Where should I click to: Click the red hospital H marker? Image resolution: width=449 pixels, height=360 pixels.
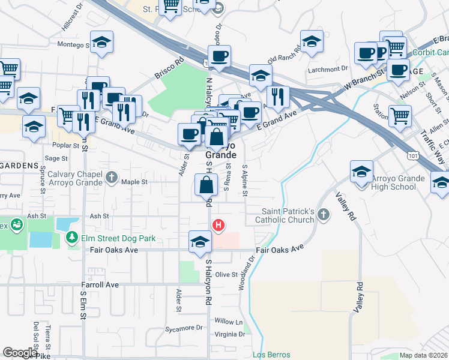click(218, 225)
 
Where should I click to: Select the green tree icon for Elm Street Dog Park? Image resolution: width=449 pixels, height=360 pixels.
click(71, 238)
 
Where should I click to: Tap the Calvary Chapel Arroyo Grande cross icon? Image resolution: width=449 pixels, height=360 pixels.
click(111, 177)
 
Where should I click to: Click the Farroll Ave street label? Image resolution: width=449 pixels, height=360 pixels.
click(100, 284)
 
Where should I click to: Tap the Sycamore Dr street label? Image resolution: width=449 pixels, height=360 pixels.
click(184, 328)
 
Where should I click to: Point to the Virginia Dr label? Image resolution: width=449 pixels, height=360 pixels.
click(229, 334)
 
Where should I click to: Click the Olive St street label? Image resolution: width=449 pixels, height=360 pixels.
click(227, 274)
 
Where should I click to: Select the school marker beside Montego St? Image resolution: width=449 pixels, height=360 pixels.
click(102, 43)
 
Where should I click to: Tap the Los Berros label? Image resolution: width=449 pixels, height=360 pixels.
click(271, 355)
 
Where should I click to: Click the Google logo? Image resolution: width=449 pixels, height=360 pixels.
click(20, 353)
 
